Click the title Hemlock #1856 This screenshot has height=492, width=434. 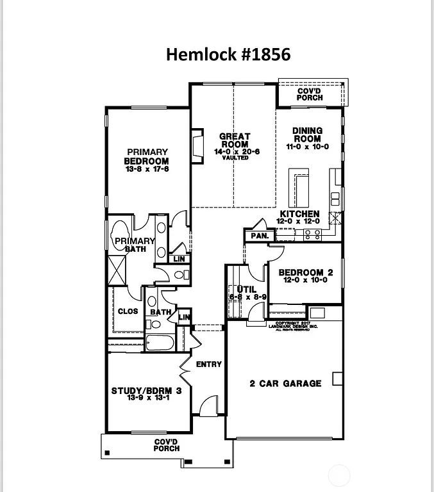pyautogui.click(x=228, y=54)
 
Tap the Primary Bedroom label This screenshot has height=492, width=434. pyautogui.click(x=146, y=161)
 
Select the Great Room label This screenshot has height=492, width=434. pyautogui.click(x=235, y=144)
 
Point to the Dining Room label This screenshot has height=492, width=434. pyautogui.click(x=307, y=138)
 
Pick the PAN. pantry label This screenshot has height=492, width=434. pyautogui.click(x=260, y=236)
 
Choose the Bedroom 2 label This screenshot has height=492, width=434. pyautogui.click(x=305, y=276)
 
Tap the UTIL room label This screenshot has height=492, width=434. pyautogui.click(x=247, y=293)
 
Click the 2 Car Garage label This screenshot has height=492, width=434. pyautogui.click(x=285, y=384)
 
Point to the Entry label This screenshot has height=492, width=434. pyautogui.click(x=208, y=364)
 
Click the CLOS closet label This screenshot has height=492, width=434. pyautogui.click(x=128, y=311)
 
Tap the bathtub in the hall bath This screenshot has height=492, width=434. pyautogui.click(x=160, y=342)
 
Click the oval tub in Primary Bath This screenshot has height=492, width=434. pyautogui.click(x=121, y=234)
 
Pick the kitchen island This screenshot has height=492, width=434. pyautogui.click(x=298, y=189)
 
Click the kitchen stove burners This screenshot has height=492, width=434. pyautogui.click(x=312, y=234)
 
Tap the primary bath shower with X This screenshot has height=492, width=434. pyautogui.click(x=117, y=269)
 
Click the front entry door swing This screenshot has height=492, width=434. pyautogui.click(x=208, y=406)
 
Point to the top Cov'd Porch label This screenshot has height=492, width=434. pyautogui.click(x=310, y=95)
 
